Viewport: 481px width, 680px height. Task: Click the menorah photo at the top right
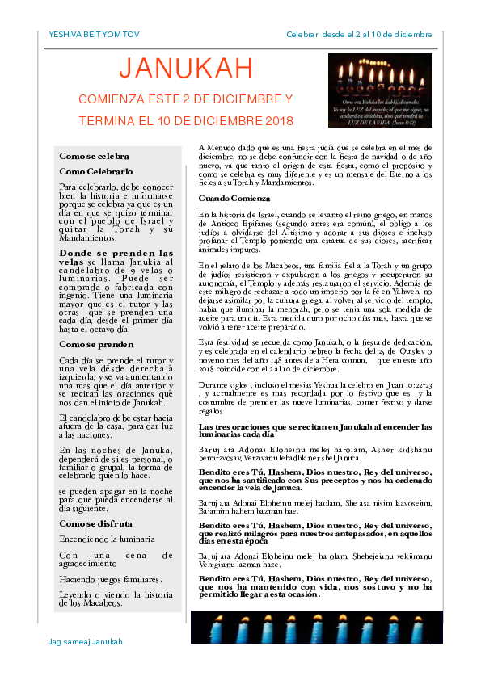click(x=380, y=91)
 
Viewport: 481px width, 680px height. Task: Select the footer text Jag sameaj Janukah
click(x=86, y=641)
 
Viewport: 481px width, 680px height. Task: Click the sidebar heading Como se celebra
click(x=95, y=156)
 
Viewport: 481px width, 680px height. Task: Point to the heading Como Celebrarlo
click(x=96, y=171)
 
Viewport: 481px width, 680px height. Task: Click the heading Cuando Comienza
click(x=234, y=198)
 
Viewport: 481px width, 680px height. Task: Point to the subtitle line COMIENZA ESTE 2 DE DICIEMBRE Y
click(x=185, y=99)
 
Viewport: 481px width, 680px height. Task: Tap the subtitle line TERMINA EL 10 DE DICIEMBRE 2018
click(x=185, y=121)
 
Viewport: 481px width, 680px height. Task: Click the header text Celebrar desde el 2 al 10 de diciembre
click(x=359, y=35)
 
